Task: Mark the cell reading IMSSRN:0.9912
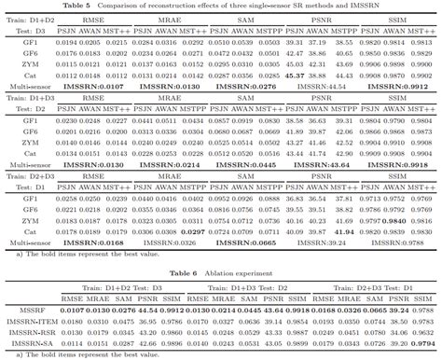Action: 400,86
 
